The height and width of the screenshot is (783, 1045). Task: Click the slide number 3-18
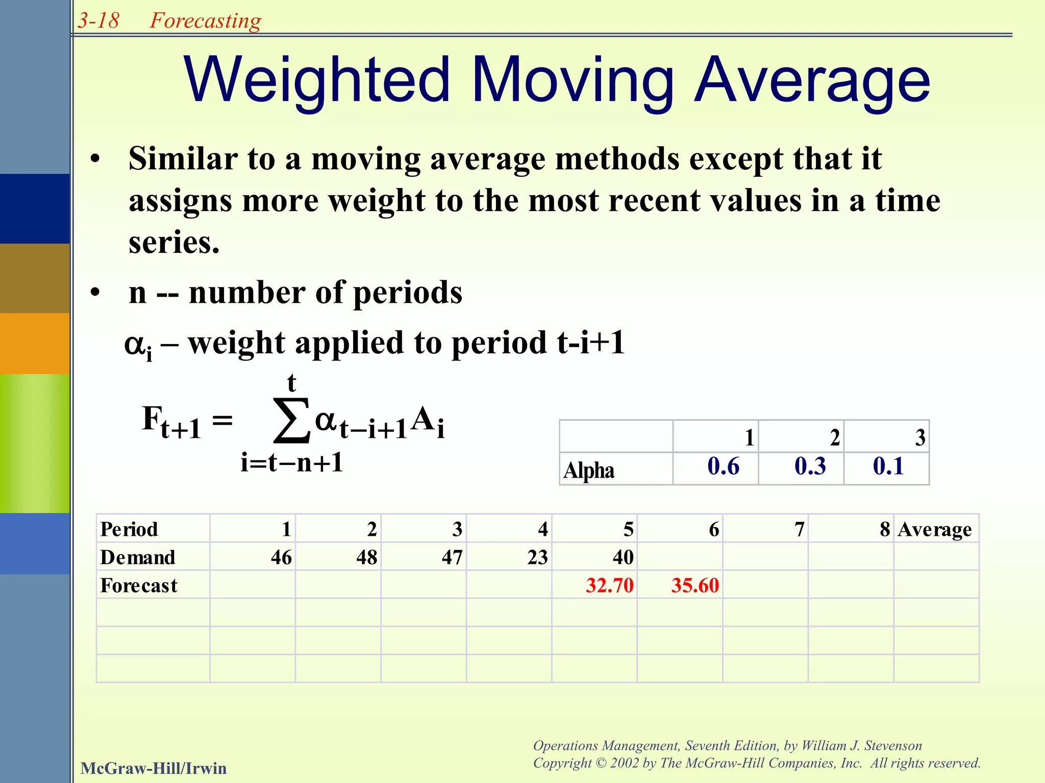pyautogui.click(x=98, y=21)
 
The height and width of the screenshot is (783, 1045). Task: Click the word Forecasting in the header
pyautogui.click(x=205, y=21)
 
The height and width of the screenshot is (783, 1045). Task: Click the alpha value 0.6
pyautogui.click(x=723, y=466)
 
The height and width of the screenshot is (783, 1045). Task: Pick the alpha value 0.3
pyautogui.click(x=810, y=466)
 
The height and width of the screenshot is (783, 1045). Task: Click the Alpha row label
pyautogui.click(x=589, y=470)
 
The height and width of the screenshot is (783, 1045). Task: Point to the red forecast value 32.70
pyautogui.click(x=609, y=585)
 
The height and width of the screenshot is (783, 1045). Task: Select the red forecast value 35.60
pyautogui.click(x=694, y=585)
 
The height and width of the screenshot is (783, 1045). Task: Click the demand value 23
pyautogui.click(x=537, y=557)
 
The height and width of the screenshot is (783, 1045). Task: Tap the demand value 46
pyautogui.click(x=281, y=557)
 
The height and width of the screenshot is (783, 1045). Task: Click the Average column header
pyautogui.click(x=934, y=530)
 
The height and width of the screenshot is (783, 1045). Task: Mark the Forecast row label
pyautogui.click(x=139, y=585)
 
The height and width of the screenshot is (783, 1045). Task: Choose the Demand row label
pyautogui.click(x=138, y=557)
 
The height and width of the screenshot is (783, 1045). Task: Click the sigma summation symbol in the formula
pyautogui.click(x=291, y=421)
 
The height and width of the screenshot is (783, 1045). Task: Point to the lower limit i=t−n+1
pyautogui.click(x=292, y=463)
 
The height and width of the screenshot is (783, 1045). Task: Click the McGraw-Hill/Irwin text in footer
pyautogui.click(x=154, y=768)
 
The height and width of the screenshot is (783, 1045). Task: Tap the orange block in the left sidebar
pyautogui.click(x=35, y=343)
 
